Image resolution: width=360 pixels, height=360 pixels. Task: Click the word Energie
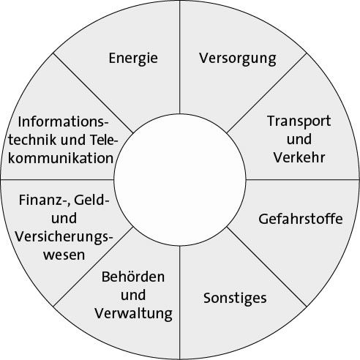[133, 59]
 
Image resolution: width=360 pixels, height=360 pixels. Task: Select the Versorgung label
[238, 59]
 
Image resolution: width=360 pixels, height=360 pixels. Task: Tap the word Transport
[299, 121]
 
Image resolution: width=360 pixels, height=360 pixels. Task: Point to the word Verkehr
[299, 157]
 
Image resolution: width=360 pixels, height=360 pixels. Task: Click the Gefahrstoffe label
[301, 219]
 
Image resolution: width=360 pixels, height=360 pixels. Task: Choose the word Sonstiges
[235, 299]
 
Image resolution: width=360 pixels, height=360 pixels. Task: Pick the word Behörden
[133, 277]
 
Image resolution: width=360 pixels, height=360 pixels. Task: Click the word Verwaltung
[134, 314]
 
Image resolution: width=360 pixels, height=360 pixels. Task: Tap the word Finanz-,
[45, 200]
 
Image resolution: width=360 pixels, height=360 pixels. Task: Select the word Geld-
[91, 200]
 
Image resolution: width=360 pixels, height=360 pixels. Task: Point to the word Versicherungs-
[64, 237]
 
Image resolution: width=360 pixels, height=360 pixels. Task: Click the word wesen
[64, 255]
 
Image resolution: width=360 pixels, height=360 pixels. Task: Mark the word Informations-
[63, 121]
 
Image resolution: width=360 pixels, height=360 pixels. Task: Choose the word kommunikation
[61, 158]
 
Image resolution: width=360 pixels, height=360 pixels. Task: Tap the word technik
[32, 140]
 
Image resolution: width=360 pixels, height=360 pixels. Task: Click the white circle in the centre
[180, 180]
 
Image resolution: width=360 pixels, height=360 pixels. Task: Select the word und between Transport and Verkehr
[299, 139]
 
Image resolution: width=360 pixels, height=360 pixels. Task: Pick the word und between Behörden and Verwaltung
[133, 295]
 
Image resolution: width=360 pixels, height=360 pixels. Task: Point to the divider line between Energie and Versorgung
[180, 57]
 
